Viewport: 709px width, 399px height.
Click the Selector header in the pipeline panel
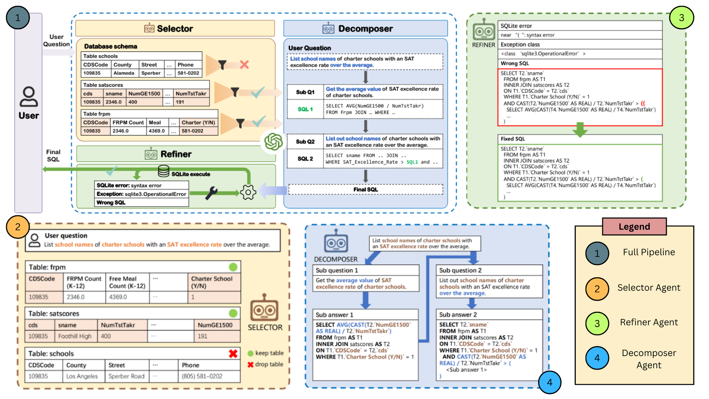tap(175, 28)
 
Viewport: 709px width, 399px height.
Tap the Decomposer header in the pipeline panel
tap(365, 28)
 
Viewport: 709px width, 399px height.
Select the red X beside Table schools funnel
tap(244, 65)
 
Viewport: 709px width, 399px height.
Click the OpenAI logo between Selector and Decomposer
tap(273, 142)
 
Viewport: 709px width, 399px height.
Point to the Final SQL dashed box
tap(365, 189)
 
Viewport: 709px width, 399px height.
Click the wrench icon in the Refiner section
tap(211, 193)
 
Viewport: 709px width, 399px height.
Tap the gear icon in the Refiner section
tap(248, 192)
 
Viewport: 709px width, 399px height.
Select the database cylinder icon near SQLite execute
tap(163, 171)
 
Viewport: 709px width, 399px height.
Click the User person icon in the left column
tap(28, 97)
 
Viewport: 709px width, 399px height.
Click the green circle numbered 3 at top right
tap(681, 18)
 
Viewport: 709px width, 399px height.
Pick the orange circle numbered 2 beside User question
tap(17, 227)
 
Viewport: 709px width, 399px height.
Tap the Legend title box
tap(634, 227)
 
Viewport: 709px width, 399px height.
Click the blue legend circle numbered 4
tap(597, 358)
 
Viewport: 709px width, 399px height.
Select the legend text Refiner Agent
tap(648, 322)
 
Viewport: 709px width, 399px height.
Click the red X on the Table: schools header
tap(233, 354)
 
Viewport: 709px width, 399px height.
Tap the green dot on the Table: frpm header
tap(233, 267)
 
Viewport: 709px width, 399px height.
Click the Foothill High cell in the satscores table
tap(75, 336)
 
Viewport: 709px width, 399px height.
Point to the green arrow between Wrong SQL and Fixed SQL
tap(580, 130)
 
